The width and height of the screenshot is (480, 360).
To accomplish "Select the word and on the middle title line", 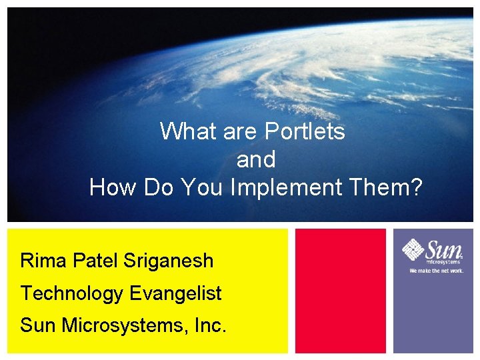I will [x=256, y=160].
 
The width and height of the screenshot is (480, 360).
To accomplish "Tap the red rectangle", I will [x=340, y=291].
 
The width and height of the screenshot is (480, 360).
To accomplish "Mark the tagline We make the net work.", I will [x=435, y=271].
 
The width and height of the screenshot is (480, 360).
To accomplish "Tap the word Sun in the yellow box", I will [x=39, y=325].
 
